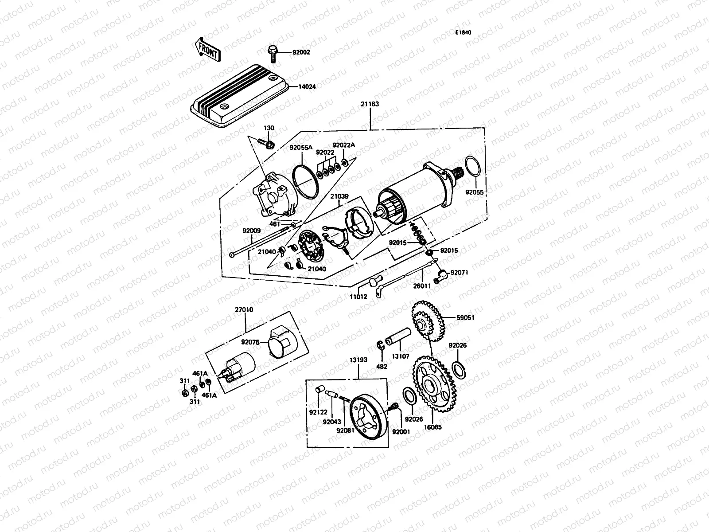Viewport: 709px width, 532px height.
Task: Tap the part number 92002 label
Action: pos(301,52)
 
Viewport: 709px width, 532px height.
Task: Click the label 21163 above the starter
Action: pos(370,104)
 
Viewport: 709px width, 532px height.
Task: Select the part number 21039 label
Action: pos(339,196)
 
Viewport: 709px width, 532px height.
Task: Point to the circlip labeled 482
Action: pos(380,348)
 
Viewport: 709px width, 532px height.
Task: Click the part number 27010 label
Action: pos(244,310)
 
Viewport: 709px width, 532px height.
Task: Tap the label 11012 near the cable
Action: pos(359,297)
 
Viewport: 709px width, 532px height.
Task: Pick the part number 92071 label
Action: pos(459,273)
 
